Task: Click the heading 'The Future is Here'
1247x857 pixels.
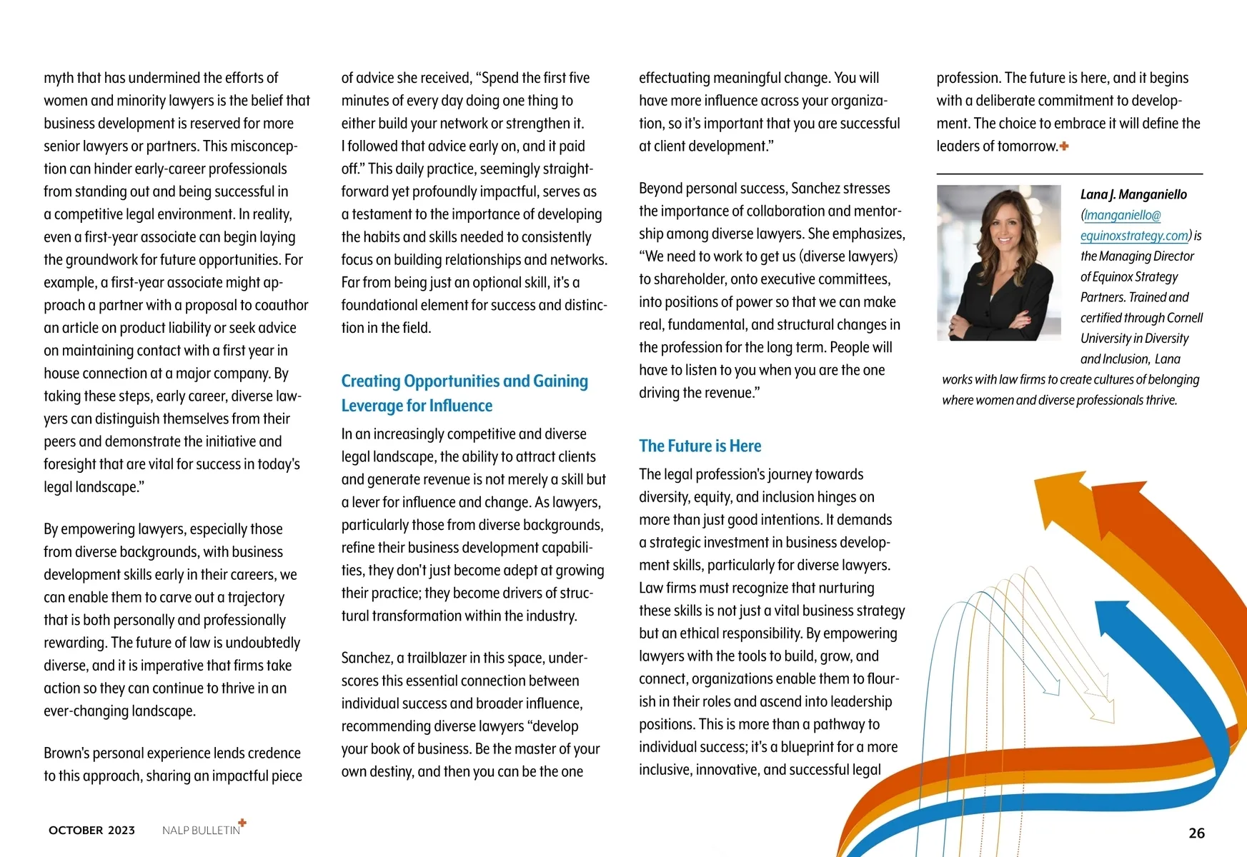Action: coord(700,446)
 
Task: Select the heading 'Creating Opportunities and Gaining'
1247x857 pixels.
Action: coord(464,381)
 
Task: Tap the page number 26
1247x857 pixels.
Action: coord(1196,833)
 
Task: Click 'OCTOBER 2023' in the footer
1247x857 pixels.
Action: coord(91,830)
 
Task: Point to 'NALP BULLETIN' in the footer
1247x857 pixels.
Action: coord(201,831)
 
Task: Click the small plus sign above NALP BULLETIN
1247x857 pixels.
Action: coord(242,823)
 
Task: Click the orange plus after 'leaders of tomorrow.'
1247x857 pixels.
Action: coord(1064,146)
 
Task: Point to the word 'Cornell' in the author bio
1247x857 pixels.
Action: coord(1184,318)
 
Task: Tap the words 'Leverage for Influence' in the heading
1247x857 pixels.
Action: coord(417,406)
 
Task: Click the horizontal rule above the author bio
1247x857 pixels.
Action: coord(1069,174)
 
